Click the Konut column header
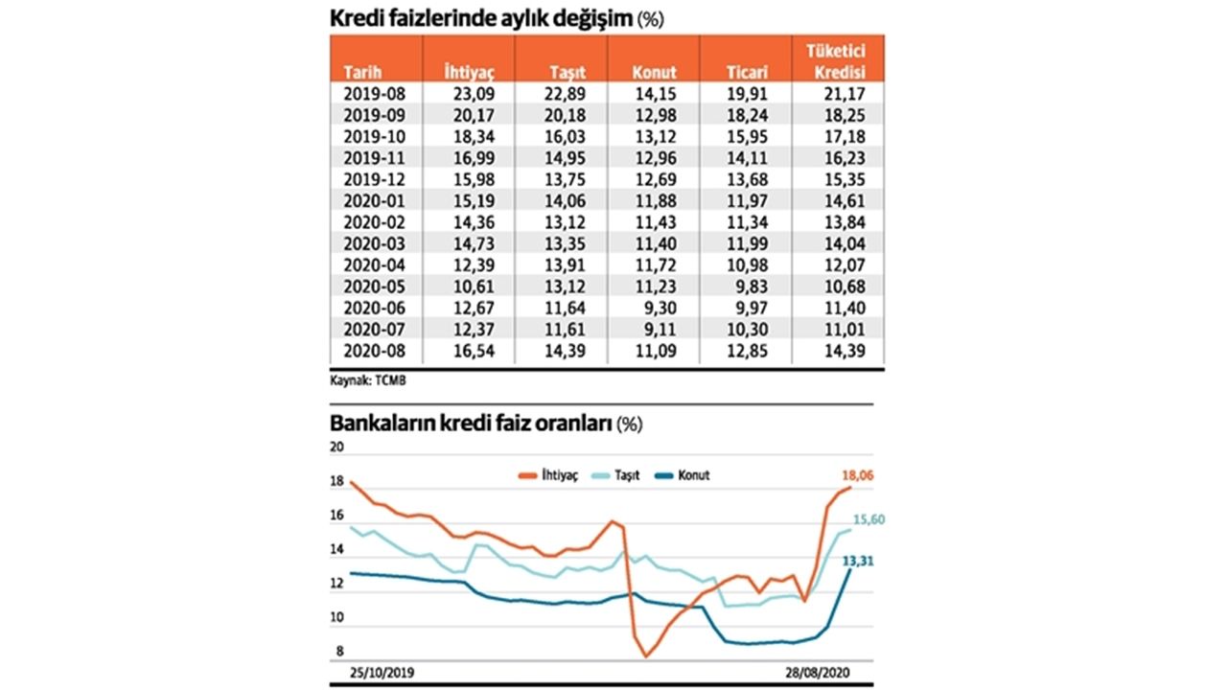(655, 73)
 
